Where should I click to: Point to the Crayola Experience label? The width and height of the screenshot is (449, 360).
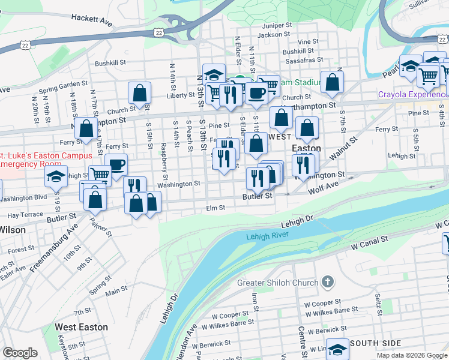411,95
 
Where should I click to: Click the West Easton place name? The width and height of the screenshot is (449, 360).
81,327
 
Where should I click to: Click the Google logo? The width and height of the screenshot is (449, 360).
20,352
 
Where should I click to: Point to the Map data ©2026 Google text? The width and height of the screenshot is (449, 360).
412,355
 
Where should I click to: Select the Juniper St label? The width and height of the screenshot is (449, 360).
277,26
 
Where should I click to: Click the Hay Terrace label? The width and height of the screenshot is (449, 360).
25,214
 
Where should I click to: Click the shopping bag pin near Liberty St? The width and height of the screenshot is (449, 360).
139,93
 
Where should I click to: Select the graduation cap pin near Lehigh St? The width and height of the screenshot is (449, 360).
56,176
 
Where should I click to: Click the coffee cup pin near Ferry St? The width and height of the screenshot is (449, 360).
116,164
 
